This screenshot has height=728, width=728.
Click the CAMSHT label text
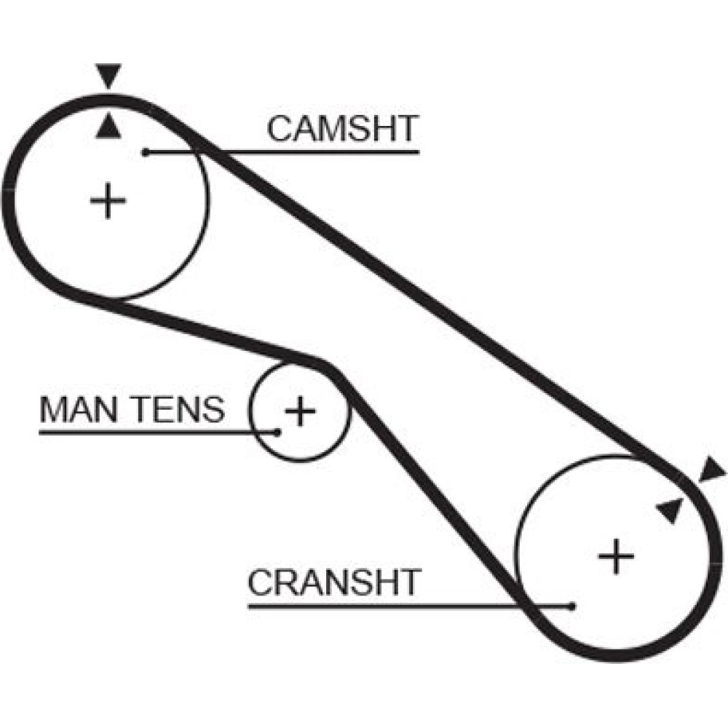coord(343,129)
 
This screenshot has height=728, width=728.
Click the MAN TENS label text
coord(132,409)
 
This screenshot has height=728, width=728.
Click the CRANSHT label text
coord(334,582)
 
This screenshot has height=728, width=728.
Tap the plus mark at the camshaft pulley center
coord(108,201)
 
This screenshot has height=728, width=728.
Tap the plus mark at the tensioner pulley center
coord(301,411)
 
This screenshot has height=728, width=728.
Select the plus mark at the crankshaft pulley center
coord(616,555)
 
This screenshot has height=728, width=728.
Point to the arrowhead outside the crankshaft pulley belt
coord(711,470)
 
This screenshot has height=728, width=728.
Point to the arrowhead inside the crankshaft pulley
coord(670,510)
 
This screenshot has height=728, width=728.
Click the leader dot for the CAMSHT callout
coord(146,152)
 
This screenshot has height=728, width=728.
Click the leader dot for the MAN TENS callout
coord(277,432)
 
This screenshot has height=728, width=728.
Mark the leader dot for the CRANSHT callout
coord(572,606)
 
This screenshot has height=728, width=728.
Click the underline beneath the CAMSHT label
coord(282,152)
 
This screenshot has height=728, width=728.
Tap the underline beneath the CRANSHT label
coord(411,606)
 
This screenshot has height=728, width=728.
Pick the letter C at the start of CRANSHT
coord(260,582)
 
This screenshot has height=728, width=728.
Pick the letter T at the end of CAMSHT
coord(407,129)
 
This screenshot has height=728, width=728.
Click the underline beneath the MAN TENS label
coord(158,432)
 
